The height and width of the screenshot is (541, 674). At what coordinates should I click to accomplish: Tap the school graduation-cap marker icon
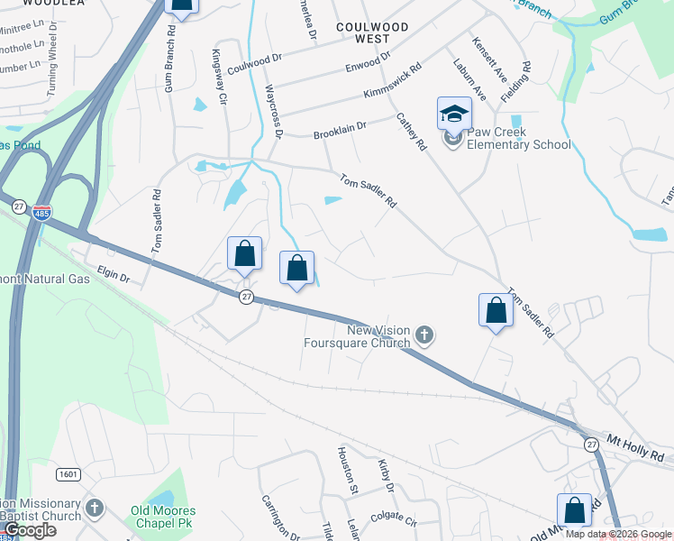tap(454, 114)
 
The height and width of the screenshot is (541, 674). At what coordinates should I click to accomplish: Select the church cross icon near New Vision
tap(425, 337)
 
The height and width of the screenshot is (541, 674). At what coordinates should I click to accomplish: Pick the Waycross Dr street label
tap(275, 111)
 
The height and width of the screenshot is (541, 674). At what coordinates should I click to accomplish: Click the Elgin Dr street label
tap(114, 276)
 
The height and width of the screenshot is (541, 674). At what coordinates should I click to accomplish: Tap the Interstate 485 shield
tap(42, 213)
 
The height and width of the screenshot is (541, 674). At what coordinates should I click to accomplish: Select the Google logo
tap(30, 530)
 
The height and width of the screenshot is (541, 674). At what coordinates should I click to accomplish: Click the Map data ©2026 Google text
tap(619, 534)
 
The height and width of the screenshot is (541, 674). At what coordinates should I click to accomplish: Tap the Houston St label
tap(347, 469)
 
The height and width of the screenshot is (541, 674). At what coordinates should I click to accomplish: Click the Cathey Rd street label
tap(410, 132)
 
